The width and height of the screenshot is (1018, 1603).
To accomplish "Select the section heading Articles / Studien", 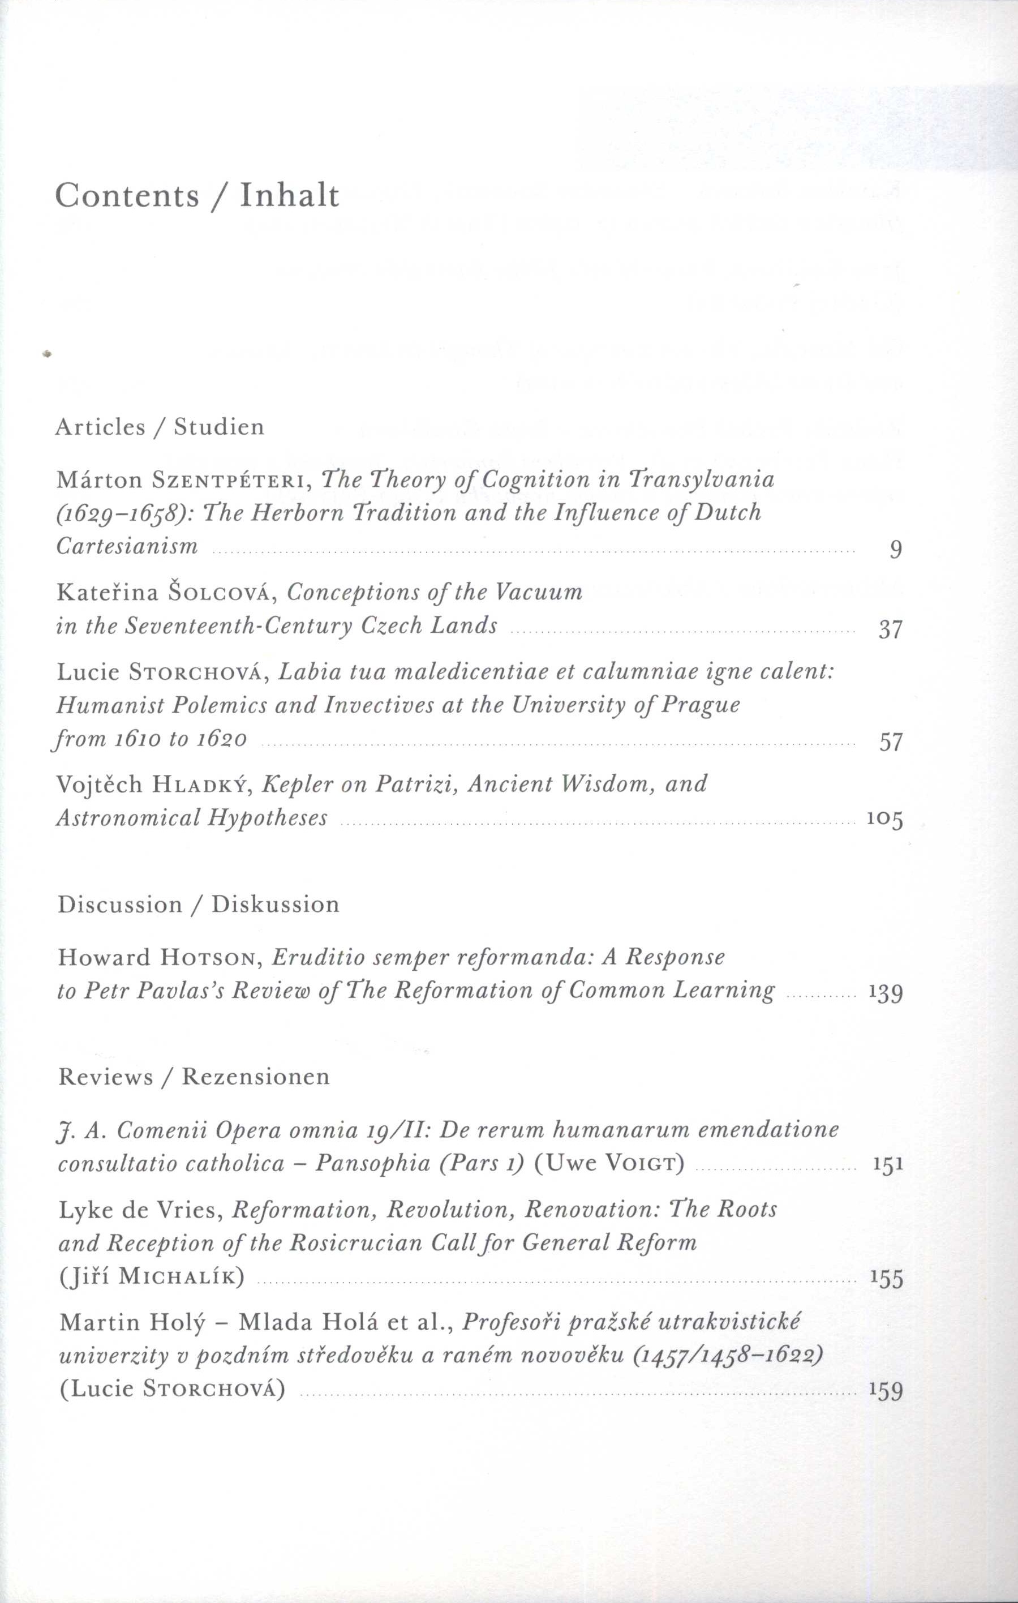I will tap(160, 427).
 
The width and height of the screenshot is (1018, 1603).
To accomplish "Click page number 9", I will tap(896, 550).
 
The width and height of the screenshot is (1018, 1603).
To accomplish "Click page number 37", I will tap(890, 629).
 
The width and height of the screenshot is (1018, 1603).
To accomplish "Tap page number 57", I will tap(890, 742).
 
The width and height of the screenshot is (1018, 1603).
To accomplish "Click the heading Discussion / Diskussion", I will tap(198, 905).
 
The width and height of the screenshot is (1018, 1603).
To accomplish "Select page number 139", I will tap(886, 993).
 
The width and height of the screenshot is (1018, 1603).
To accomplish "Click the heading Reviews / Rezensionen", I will tap(194, 1077).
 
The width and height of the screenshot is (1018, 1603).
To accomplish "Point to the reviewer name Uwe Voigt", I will tap(609, 1164).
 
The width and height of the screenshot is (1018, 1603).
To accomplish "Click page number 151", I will tap(887, 1164).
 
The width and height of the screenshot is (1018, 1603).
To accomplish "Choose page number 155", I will tap(886, 1279).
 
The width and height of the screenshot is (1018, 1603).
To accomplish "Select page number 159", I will tap(886, 1391).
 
